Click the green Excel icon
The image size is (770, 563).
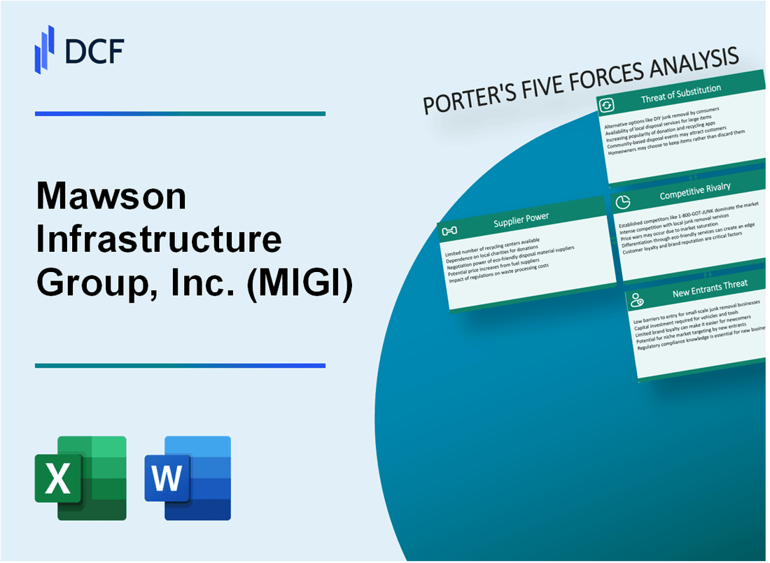click(80, 478)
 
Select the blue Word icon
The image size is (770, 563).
click(188, 478)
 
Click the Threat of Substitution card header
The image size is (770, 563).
click(680, 95)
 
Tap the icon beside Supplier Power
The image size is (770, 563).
click(450, 231)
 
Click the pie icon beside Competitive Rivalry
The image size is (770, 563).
click(622, 201)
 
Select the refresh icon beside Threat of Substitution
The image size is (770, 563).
click(606, 106)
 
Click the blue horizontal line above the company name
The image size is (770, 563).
click(180, 113)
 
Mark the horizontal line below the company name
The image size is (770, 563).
click(180, 365)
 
